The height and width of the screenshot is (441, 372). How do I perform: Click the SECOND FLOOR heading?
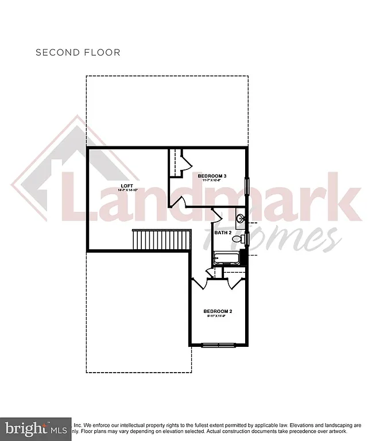tap(77, 52)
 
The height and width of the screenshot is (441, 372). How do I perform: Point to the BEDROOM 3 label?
tap(212, 176)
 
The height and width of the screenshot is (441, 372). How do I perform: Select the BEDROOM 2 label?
tap(219, 311)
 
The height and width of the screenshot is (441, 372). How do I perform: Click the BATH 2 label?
tap(223, 233)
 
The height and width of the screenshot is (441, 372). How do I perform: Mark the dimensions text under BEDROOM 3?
tap(212, 180)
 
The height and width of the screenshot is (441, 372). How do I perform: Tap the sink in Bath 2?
tap(242, 219)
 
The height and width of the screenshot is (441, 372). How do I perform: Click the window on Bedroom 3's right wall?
tap(247, 187)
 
